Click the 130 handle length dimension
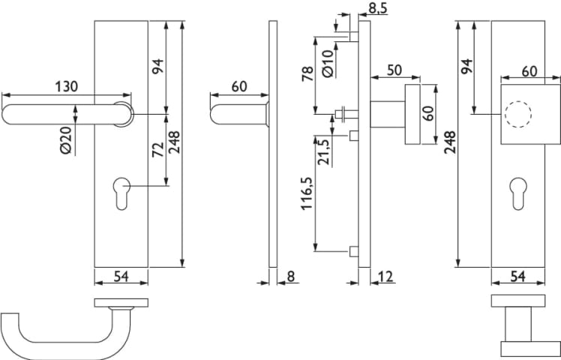pos(65,86)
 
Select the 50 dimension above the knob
pos(394,70)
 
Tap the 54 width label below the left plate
pos(121,276)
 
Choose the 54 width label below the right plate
pos(518,276)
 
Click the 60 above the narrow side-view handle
pos(238,86)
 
